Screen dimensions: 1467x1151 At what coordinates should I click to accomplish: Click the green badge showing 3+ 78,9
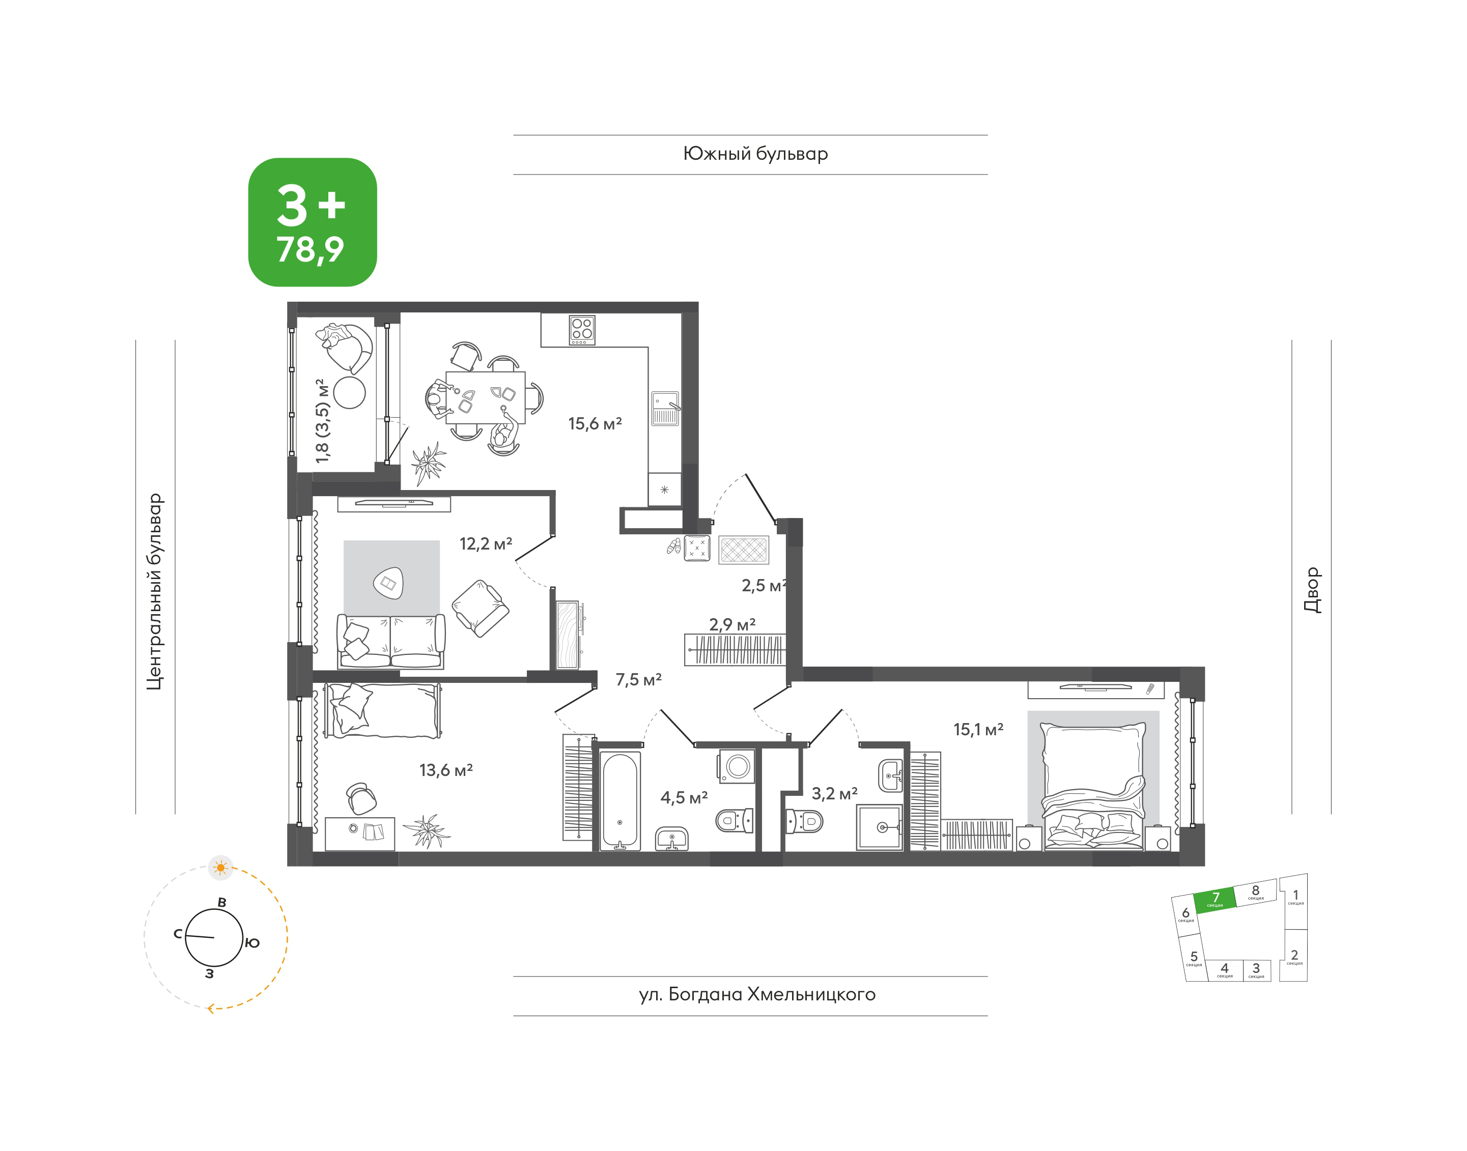pyautogui.click(x=312, y=222)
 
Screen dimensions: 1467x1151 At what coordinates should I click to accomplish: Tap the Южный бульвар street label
pyautogui.click(x=755, y=154)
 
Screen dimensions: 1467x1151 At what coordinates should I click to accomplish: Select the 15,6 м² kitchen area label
pyautogui.click(x=595, y=423)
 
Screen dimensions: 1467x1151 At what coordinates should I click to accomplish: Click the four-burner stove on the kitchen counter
pyautogui.click(x=582, y=330)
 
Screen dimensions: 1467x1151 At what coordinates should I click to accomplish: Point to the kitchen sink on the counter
pyautogui.click(x=665, y=409)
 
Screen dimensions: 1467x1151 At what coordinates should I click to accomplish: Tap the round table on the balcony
pyautogui.click(x=349, y=392)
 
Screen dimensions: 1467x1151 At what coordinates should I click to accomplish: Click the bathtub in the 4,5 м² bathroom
pyautogui.click(x=619, y=800)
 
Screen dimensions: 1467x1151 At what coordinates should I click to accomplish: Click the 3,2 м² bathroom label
pyautogui.click(x=834, y=793)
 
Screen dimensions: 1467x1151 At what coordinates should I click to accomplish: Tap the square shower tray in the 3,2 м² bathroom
pyautogui.click(x=879, y=827)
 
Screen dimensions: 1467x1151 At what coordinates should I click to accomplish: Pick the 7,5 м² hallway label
pyautogui.click(x=638, y=679)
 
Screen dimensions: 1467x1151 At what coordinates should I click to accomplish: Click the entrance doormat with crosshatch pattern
pyautogui.click(x=744, y=549)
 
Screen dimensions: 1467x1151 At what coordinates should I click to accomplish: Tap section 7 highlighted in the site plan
pyautogui.click(x=1215, y=900)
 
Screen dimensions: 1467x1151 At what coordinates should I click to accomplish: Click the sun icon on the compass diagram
pyautogui.click(x=220, y=867)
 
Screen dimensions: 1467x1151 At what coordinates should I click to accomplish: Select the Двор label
pyautogui.click(x=1312, y=590)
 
